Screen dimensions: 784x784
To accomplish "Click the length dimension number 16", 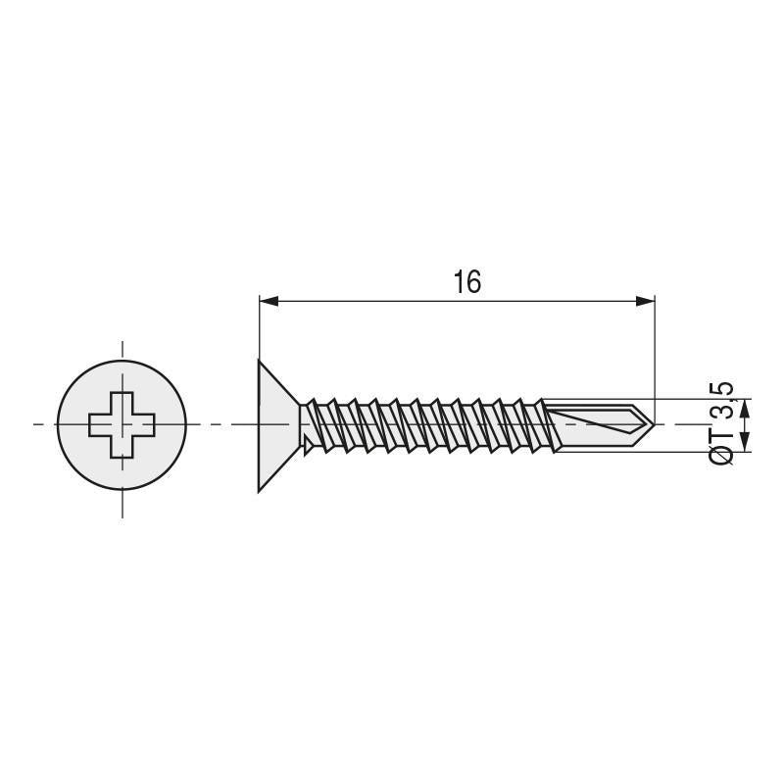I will (467, 282).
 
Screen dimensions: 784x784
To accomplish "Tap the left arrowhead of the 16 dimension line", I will (268, 301).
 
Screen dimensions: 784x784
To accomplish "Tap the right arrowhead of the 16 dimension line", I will (644, 301).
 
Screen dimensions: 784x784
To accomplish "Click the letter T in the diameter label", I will (720, 431).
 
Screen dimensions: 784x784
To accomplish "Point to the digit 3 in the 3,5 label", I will (720, 408).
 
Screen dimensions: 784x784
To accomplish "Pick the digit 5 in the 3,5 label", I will (720, 387).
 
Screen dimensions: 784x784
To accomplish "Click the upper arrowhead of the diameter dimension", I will (744, 410).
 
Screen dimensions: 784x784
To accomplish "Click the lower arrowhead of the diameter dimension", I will (744, 443).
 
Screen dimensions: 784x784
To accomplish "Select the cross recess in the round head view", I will (122, 424).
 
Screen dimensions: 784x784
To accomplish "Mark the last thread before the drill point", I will (537, 423).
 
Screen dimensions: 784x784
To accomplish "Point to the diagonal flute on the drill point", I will (598, 424).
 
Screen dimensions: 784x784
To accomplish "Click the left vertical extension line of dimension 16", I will (259, 328).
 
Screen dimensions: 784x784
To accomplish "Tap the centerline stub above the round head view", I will (122, 351).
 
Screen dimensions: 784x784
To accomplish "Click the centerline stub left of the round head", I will (41, 424).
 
